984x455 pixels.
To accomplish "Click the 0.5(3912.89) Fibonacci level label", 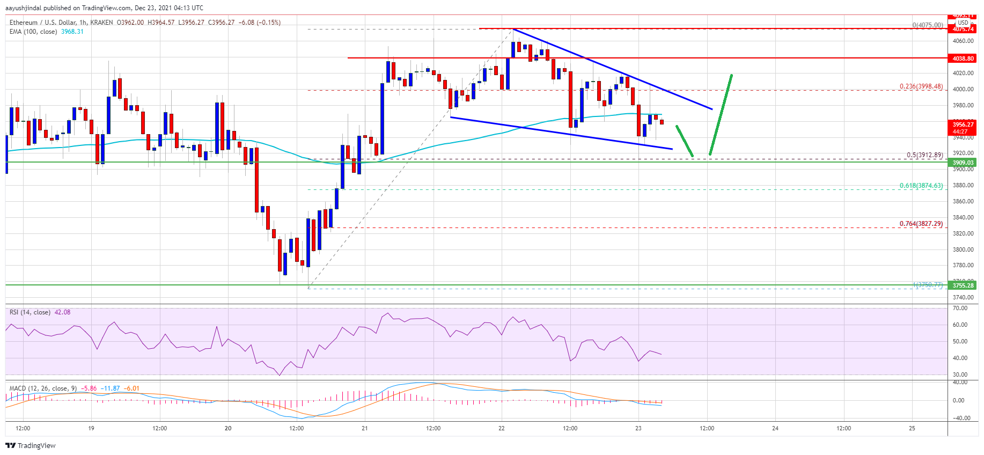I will (x=924, y=155).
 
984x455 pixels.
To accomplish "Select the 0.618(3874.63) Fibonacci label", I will (x=921, y=186).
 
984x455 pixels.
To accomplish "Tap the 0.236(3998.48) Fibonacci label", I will (x=921, y=86).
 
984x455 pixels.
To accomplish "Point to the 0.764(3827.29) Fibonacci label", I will (x=921, y=224).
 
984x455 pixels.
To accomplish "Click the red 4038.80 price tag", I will (x=963, y=58).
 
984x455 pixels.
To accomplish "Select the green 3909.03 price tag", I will (x=963, y=163).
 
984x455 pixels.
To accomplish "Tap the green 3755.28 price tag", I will (x=963, y=285).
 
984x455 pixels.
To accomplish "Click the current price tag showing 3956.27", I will (x=963, y=124).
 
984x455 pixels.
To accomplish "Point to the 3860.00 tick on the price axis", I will (x=963, y=201).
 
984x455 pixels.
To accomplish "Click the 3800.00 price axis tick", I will (x=963, y=249).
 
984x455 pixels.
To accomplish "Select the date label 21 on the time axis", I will (x=365, y=428).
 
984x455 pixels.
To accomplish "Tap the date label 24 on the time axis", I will (x=775, y=428).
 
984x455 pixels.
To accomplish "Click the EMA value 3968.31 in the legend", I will (x=72, y=32).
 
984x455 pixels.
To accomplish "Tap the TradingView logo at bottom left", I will (x=31, y=445).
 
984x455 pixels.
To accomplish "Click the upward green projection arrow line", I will (x=721, y=115).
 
